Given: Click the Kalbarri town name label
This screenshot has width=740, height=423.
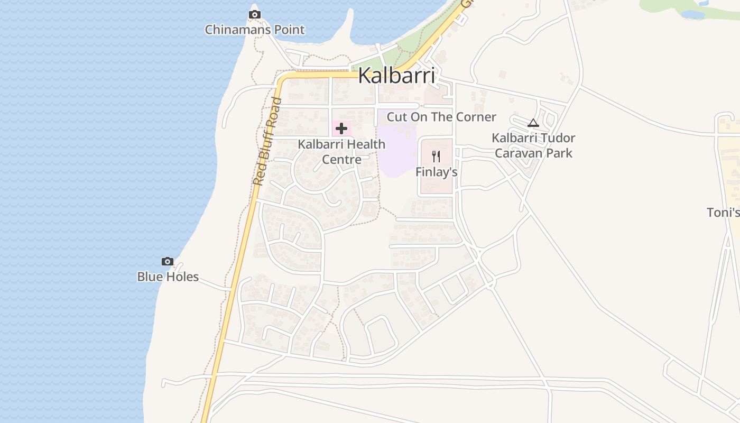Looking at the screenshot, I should [396, 76].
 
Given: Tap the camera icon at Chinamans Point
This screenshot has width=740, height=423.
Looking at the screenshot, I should [255, 14].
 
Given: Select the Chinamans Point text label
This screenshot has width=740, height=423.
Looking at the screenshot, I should [255, 30].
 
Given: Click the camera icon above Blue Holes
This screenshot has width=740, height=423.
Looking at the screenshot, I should [168, 261].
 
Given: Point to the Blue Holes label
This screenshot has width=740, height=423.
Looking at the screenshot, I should [168, 277].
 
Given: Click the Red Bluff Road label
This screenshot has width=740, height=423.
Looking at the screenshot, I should [266, 141].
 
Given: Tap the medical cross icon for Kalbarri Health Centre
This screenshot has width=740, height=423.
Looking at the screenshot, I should [341, 128].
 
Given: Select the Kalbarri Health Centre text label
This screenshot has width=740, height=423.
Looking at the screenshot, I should [341, 151].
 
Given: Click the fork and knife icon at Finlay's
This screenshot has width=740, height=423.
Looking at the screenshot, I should [436, 156].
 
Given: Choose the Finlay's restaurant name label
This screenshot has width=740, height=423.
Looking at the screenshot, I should [436, 172].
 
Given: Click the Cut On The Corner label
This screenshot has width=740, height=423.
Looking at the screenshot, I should [441, 117].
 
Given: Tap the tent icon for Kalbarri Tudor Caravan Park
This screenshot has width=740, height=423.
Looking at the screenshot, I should [533, 123].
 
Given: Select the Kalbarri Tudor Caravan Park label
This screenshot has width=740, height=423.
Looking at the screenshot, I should [533, 145].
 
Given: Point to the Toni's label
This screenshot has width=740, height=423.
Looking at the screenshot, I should [723, 213].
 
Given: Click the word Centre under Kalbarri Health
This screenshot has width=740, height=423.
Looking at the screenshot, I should [341, 159].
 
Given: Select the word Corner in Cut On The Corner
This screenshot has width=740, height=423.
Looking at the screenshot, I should [476, 117].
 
